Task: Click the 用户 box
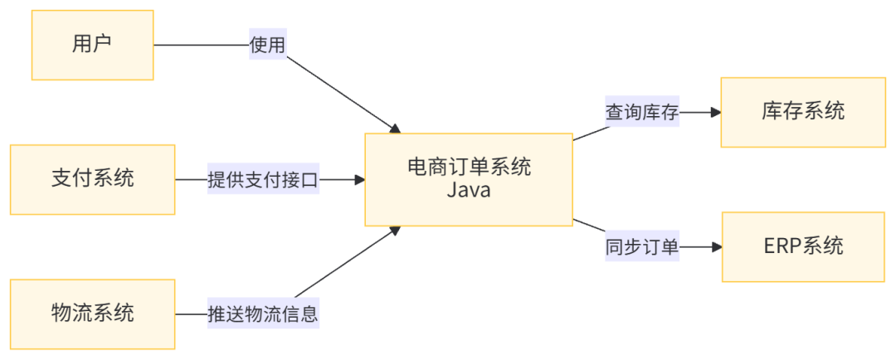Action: (92, 45)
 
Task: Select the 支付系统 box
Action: (92, 179)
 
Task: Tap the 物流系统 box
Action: (92, 314)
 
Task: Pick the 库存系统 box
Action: (802, 112)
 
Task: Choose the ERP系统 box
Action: (802, 246)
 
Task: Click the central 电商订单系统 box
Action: (469, 179)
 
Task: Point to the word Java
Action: (469, 191)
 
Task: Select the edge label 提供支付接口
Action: (263, 179)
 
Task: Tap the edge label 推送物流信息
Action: (263, 314)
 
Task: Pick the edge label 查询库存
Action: (642, 112)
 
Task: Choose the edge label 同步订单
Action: (642, 246)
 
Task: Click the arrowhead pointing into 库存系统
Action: (713, 112)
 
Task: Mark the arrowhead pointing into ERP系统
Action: (714, 246)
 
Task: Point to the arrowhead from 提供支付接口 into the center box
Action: (358, 179)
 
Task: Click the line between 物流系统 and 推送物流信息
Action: (191, 314)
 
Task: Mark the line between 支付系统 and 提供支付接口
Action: (191, 179)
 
